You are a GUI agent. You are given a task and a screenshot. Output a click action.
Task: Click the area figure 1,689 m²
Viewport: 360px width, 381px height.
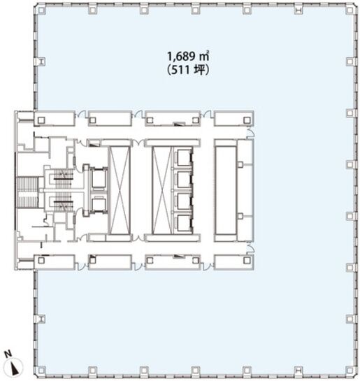(188, 57)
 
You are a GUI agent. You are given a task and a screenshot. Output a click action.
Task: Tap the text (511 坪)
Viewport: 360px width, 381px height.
(188, 71)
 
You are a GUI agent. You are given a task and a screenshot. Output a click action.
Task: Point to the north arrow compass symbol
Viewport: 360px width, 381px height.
(15, 366)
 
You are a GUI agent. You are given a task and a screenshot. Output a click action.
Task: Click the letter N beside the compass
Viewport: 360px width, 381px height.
(8, 354)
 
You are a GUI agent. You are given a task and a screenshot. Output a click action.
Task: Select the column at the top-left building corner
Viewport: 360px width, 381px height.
(41, 10)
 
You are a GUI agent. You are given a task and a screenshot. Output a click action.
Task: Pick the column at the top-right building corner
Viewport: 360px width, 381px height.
(350, 10)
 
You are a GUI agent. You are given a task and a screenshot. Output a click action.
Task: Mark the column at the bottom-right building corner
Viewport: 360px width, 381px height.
(350, 371)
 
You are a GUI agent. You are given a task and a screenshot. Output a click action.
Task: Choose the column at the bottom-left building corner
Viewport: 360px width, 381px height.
(41, 371)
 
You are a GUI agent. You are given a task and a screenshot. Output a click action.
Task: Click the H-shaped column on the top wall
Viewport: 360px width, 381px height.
(298, 10)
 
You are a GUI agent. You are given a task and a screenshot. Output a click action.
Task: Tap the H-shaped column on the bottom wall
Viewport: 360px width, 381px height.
(298, 371)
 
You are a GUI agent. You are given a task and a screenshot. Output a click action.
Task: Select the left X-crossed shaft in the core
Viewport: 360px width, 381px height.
(120, 190)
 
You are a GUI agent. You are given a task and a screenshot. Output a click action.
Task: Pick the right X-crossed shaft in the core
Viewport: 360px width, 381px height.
(161, 190)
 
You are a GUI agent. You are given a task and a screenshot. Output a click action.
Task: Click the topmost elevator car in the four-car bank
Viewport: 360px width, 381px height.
(184, 157)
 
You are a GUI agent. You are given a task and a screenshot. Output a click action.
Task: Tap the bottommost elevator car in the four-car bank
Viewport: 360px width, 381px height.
(184, 223)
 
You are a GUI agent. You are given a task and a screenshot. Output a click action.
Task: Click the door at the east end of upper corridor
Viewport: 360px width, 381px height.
(250, 133)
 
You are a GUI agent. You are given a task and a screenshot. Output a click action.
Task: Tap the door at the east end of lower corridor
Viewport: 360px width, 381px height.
(250, 248)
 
